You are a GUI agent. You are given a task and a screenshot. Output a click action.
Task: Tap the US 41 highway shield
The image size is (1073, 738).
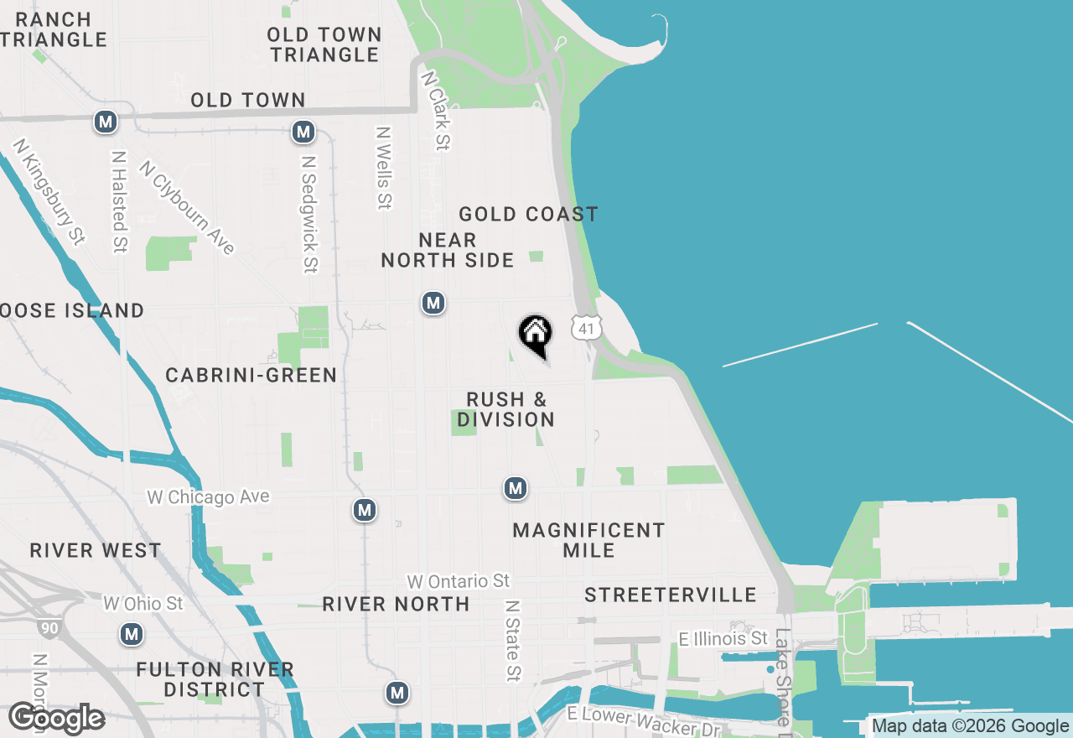click(587, 328)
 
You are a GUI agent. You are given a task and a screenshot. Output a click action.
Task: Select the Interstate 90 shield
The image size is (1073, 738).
click(48, 627)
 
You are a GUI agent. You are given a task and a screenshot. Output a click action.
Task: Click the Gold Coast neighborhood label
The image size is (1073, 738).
click(528, 215)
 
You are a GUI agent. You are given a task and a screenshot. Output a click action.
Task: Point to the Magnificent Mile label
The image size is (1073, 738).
click(588, 540)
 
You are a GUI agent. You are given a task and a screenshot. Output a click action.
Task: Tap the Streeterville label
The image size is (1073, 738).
click(671, 595)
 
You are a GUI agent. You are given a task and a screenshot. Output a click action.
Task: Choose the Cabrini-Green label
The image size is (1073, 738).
click(251, 375)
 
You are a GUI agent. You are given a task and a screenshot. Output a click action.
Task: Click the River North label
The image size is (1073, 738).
click(396, 604)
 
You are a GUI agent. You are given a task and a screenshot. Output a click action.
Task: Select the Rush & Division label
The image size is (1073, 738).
click(506, 409)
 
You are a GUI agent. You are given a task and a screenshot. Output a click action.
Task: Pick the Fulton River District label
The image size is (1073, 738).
click(215, 679)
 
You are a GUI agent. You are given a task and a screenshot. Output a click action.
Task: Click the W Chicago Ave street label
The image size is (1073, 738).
click(209, 497)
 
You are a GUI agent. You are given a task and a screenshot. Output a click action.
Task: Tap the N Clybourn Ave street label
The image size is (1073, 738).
click(187, 207)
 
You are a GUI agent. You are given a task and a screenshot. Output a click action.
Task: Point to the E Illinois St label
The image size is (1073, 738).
click(723, 640)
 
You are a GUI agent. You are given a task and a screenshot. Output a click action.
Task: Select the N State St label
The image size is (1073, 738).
click(512, 640)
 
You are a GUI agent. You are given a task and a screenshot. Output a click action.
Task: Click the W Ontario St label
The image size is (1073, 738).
click(458, 581)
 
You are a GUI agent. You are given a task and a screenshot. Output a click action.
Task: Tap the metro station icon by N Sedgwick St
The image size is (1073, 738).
click(303, 132)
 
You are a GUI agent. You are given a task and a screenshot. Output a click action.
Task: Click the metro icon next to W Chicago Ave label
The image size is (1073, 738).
click(364, 509)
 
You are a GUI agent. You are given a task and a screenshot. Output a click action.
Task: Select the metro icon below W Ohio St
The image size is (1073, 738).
click(131, 634)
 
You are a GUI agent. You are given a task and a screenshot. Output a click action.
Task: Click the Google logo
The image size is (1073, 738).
click(57, 719)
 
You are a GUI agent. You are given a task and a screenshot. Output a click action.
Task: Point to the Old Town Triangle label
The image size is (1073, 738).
click(324, 44)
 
